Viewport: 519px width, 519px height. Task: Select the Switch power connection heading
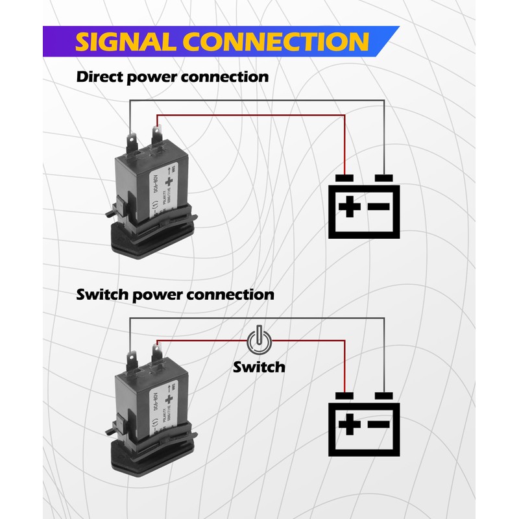coord(175,295)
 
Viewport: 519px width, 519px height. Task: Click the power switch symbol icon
coord(258,339)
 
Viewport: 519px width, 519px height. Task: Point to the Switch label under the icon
coord(259,367)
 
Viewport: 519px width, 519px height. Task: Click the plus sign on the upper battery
coord(349,207)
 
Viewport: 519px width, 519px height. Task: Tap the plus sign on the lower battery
coord(349,425)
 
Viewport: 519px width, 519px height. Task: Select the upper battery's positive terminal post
coord(344,178)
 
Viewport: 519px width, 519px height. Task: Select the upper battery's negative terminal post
coord(385,178)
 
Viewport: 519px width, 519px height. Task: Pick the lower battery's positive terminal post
coord(344,396)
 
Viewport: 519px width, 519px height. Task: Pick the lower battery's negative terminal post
coord(385,396)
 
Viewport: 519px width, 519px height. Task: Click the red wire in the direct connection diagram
coord(259,116)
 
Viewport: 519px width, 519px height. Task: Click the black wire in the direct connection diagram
coord(259,101)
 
